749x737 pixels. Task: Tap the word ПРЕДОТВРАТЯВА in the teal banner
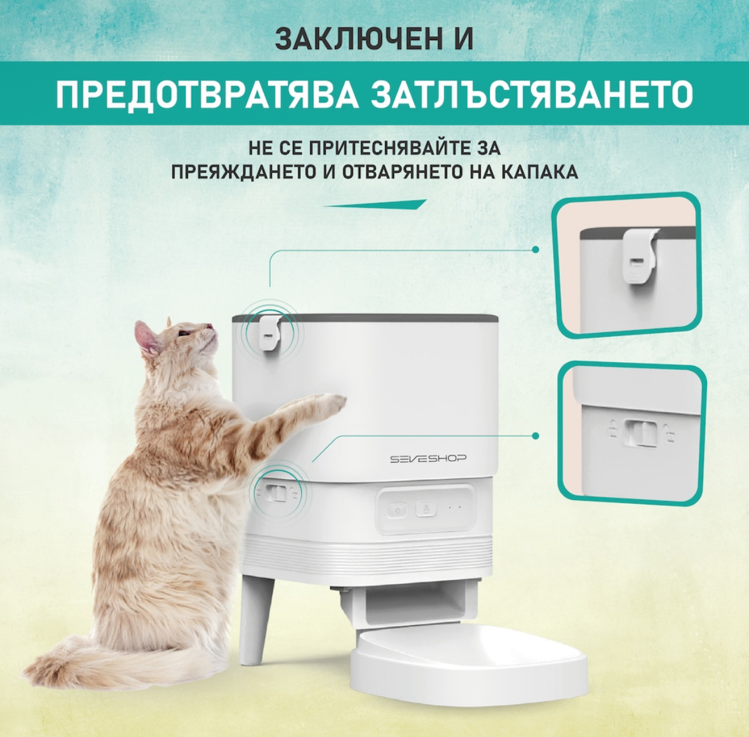coord(207,93)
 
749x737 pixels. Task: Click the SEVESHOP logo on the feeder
coord(428,459)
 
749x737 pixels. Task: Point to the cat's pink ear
coord(145,337)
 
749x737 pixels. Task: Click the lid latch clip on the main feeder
coord(270,333)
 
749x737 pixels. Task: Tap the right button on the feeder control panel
coord(426,508)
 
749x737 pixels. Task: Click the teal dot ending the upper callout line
coord(536,249)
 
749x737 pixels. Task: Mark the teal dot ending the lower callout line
coord(536,436)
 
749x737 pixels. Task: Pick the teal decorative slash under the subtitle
coord(375,205)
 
